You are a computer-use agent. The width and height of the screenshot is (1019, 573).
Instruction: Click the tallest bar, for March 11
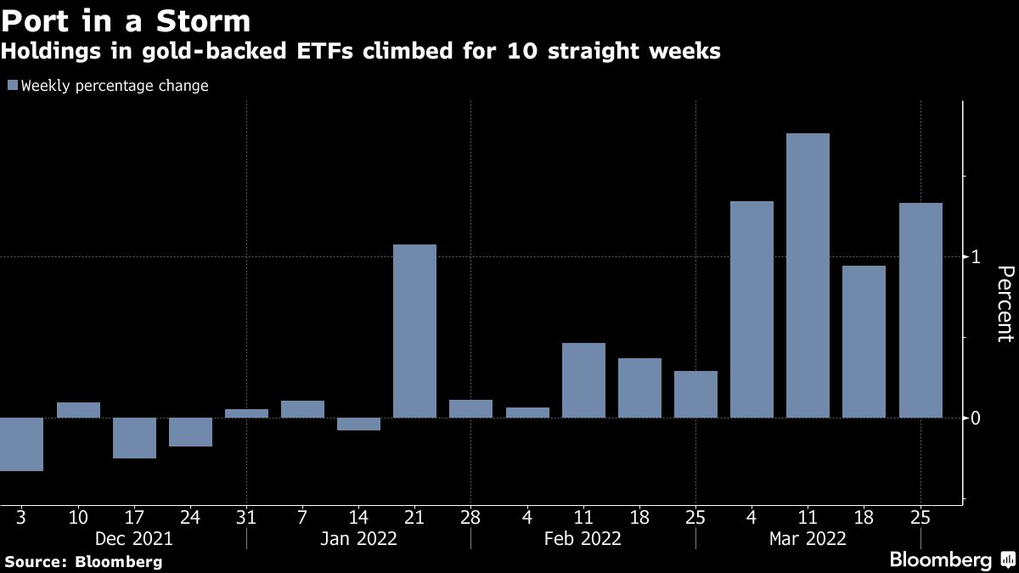808,275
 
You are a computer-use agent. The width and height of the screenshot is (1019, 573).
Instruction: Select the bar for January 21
414,331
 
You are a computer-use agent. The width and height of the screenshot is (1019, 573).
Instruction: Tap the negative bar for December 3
21,444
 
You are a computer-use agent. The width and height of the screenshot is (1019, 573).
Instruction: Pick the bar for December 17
134,438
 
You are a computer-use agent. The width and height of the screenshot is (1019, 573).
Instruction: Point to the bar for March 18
864,341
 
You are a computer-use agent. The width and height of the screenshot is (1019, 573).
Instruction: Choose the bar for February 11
583,380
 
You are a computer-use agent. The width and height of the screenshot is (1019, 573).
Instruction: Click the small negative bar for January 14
358,424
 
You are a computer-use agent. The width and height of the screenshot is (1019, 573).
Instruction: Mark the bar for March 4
752,309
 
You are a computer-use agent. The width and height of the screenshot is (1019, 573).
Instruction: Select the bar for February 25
695,394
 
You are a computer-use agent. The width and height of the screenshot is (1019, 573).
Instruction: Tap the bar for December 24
190,432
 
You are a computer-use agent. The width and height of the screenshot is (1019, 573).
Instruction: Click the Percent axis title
1005,303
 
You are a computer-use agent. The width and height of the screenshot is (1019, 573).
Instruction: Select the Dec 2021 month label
134,538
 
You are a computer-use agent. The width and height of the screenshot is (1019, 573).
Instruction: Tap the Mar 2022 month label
808,538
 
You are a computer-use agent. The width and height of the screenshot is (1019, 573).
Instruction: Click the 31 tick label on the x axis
246,516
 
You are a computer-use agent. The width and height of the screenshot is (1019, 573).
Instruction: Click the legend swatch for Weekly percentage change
12,86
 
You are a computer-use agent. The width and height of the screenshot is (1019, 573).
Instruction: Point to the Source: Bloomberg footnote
83,561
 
